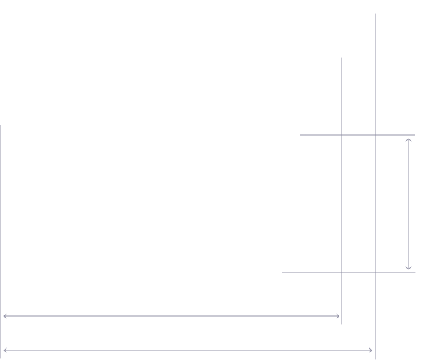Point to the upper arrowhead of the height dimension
(407, 139)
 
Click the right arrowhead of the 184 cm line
(339, 315)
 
